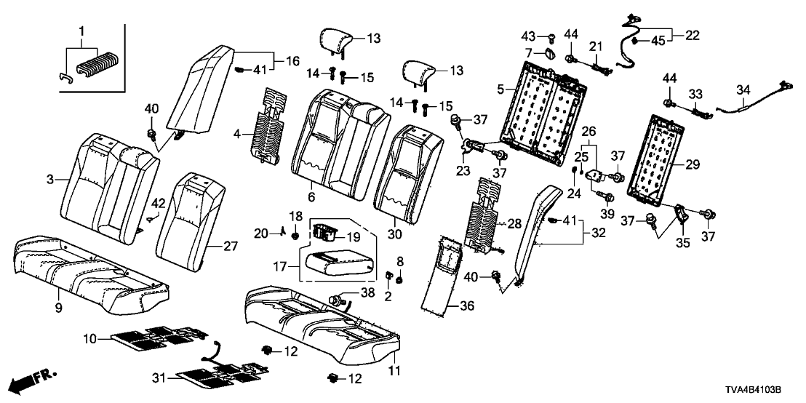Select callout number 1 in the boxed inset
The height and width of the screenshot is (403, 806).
coord(81,32)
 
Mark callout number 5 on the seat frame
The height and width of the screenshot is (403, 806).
coord(520,89)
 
